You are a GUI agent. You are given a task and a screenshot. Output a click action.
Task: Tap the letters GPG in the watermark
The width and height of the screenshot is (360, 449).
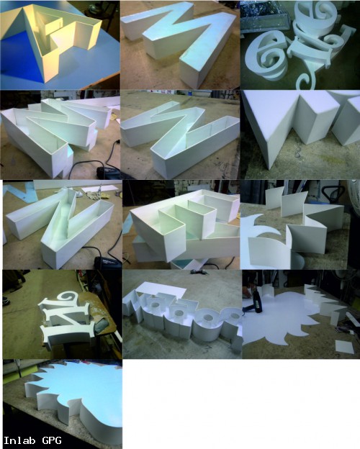[52, 440]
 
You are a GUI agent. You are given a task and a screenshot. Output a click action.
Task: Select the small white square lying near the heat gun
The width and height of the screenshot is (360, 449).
[345, 347]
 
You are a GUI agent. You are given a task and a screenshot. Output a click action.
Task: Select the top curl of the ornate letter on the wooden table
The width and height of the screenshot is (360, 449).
[69, 296]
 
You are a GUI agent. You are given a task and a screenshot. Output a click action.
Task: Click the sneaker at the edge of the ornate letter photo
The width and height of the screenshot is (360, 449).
[6, 301]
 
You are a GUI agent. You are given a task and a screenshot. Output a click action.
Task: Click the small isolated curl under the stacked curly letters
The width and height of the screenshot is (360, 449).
[306, 80]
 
